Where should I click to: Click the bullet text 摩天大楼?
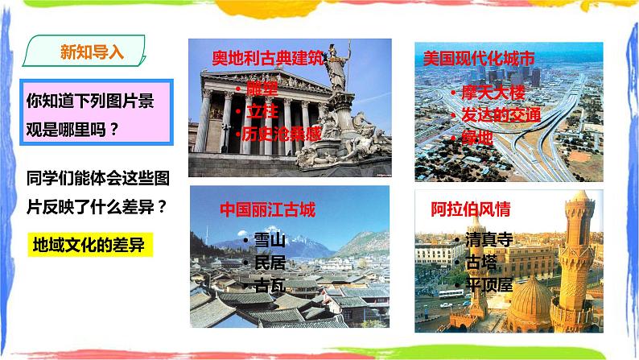(491, 92)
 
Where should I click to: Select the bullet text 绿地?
(478, 138)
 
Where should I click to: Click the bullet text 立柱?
(258, 110)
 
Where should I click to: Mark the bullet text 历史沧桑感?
(281, 133)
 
